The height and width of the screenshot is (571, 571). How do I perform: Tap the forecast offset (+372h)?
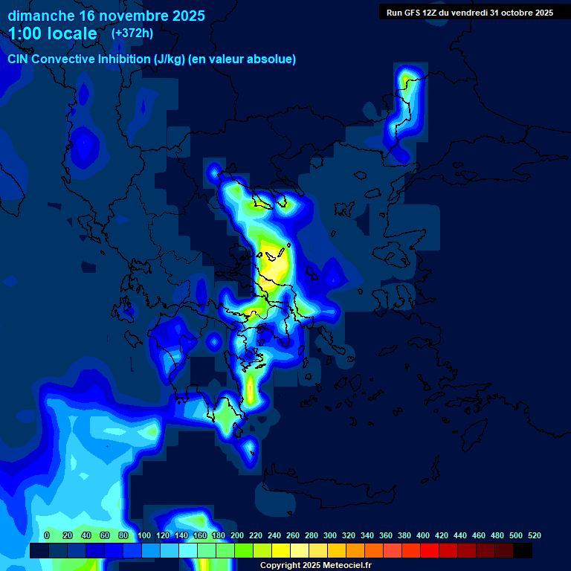pos(132,33)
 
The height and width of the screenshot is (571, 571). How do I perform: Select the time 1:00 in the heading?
pos(25,33)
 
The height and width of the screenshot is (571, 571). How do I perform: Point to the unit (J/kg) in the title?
pos(170,59)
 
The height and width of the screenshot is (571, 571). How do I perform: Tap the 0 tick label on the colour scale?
pos(47,535)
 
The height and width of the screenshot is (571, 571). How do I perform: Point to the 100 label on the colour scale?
pos(144,535)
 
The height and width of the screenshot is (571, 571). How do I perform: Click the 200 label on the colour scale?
pos(237,535)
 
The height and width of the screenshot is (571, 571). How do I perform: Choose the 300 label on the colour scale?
pos(330,535)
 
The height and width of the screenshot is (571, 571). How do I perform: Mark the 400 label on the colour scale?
pos(423,535)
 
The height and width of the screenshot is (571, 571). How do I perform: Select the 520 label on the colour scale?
pos(534,535)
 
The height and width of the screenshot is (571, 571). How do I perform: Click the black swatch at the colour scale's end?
pos(523,551)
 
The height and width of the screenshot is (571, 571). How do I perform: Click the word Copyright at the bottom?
pos(280,566)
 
